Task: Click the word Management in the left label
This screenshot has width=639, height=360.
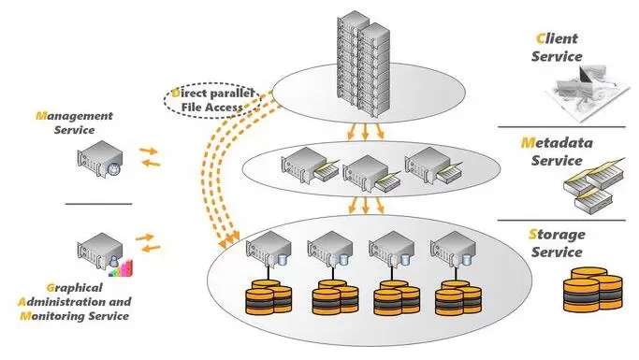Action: click(x=74, y=116)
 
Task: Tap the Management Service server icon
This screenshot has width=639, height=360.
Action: click(x=100, y=159)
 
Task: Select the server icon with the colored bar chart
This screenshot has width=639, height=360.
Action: click(x=105, y=254)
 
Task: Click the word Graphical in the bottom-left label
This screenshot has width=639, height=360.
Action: click(x=74, y=288)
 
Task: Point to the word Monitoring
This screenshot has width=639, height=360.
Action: click(x=53, y=316)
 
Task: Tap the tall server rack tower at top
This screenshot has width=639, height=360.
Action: click(x=363, y=65)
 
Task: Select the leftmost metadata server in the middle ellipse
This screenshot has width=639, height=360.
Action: click(x=310, y=166)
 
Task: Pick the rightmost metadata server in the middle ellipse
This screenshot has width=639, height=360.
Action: click(x=433, y=166)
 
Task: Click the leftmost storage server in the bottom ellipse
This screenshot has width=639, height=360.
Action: click(x=269, y=250)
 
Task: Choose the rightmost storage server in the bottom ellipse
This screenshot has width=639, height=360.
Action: click(x=453, y=250)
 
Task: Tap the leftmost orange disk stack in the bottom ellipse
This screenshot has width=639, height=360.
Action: click(x=269, y=297)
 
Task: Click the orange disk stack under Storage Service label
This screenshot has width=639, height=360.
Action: click(x=593, y=290)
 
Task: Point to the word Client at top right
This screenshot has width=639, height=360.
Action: click(x=557, y=38)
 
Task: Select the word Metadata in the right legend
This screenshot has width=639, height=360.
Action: click(x=557, y=143)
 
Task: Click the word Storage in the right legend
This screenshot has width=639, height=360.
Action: click(x=557, y=235)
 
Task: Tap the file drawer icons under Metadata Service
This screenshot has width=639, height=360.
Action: click(x=594, y=186)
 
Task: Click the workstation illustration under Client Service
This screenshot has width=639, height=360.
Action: click(x=588, y=94)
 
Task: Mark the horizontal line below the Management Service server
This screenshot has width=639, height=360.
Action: click(x=98, y=203)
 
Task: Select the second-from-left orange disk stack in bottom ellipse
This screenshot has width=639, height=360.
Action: click(x=335, y=297)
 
